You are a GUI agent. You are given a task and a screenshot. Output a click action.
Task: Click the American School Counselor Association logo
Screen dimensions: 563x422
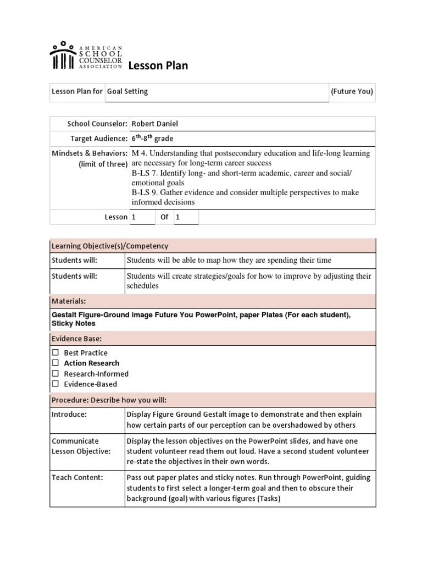(x=85, y=56)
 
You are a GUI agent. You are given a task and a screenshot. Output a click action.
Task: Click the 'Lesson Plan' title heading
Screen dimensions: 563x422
(x=158, y=66)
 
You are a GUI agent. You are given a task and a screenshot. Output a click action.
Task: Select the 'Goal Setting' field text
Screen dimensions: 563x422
(x=127, y=92)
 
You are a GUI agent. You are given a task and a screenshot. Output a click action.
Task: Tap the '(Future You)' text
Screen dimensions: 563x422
(x=352, y=92)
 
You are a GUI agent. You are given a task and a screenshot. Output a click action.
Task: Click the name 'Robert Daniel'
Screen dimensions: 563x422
(x=154, y=124)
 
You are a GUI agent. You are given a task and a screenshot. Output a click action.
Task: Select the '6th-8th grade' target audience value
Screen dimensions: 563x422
(x=152, y=139)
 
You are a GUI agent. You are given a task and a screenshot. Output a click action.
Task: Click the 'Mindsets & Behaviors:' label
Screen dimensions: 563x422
(x=90, y=153)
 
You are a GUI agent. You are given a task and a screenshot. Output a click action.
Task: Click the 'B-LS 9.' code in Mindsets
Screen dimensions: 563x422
(x=145, y=192)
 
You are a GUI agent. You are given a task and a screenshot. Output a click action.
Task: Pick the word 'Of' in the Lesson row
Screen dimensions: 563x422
(x=164, y=217)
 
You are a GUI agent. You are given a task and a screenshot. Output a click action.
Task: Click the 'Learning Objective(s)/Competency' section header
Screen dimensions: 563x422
(x=110, y=246)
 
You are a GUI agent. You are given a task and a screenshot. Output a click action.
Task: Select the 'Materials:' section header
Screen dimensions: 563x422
(x=69, y=301)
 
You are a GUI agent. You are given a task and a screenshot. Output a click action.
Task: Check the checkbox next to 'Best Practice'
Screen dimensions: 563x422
(x=55, y=352)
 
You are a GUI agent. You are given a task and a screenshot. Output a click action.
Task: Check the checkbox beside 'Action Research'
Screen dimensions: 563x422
(x=55, y=363)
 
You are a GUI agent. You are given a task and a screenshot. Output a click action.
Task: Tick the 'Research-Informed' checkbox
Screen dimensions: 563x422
(x=55, y=374)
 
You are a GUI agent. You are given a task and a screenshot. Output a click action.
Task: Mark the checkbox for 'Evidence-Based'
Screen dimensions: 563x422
(x=55, y=384)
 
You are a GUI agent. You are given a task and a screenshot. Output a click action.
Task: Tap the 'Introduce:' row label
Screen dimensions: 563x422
(x=69, y=415)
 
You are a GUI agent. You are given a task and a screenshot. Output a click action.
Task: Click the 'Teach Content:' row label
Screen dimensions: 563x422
(x=77, y=478)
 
